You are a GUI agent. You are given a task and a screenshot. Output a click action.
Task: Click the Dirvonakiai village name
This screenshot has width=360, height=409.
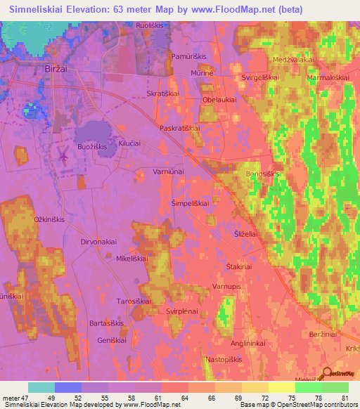[x=98, y=241]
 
